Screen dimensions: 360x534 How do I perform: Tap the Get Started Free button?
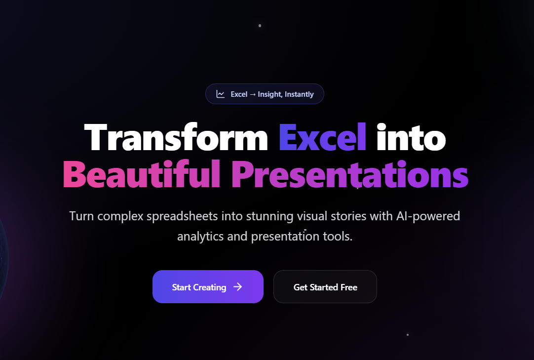[325, 287]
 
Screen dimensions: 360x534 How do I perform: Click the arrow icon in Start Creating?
[238, 287]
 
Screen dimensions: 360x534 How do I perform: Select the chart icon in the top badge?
[221, 94]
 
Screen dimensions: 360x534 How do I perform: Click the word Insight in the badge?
[269, 94]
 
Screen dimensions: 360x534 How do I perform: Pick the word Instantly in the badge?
[299, 94]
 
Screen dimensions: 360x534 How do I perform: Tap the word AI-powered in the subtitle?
[428, 216]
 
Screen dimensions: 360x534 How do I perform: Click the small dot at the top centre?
[260, 26]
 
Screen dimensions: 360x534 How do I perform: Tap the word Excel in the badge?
[239, 94]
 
